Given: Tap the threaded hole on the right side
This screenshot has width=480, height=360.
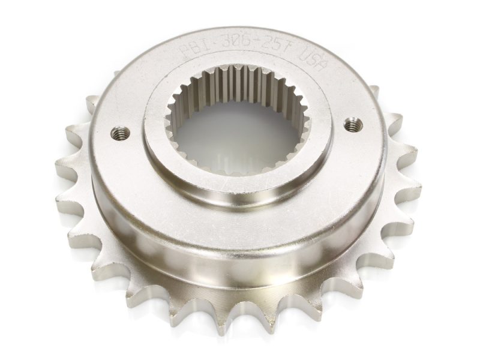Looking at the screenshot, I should (x=353, y=124).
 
